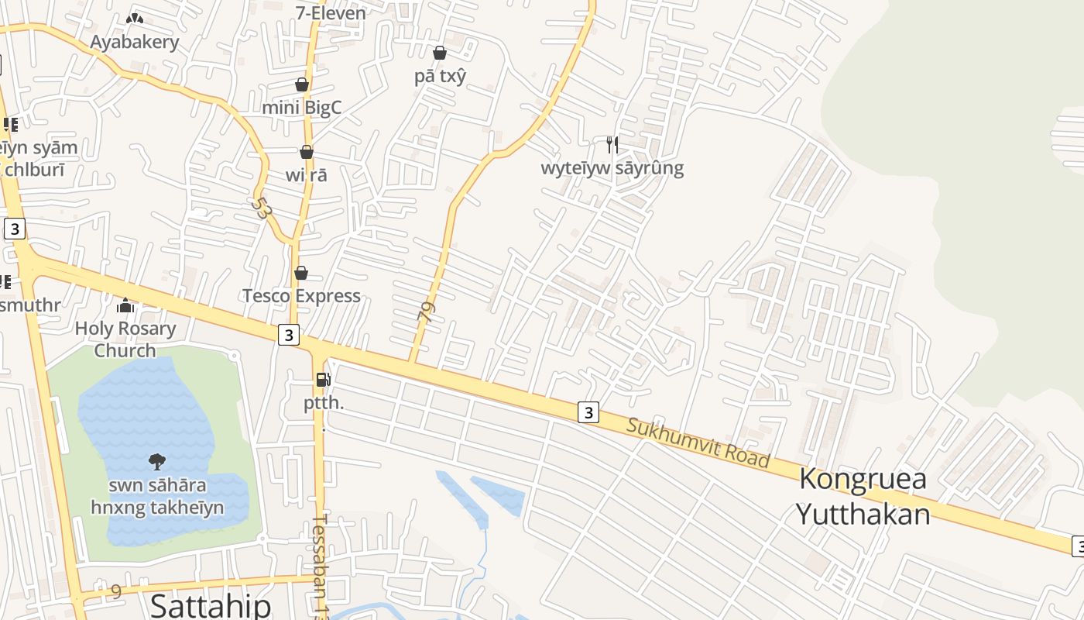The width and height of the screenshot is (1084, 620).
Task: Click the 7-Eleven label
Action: pyautogui.click(x=331, y=12)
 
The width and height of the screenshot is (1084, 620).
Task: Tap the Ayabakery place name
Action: pyautogui.click(x=135, y=42)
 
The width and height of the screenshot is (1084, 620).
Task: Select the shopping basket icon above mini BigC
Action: pyautogui.click(x=302, y=84)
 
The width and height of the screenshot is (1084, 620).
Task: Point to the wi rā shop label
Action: pyautogui.click(x=307, y=175)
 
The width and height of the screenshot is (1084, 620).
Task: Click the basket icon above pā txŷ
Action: pyautogui.click(x=440, y=53)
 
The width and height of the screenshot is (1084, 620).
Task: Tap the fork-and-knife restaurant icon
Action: pyautogui.click(x=612, y=144)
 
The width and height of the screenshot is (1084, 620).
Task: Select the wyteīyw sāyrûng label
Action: pyautogui.click(x=612, y=168)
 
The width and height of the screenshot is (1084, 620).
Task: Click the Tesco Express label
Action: pyautogui.click(x=301, y=295)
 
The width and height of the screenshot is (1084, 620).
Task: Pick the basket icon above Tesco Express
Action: pyautogui.click(x=301, y=273)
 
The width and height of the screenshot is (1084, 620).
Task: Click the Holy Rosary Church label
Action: pyautogui.click(x=125, y=339)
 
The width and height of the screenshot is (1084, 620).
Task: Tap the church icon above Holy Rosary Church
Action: pyautogui.click(x=125, y=306)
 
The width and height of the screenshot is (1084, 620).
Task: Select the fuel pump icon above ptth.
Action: pyautogui.click(x=324, y=380)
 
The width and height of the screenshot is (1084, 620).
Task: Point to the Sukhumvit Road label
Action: pyautogui.click(x=698, y=443)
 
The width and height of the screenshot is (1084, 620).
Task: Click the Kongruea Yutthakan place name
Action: pyautogui.click(x=863, y=496)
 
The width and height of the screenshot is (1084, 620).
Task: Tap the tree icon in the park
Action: pyautogui.click(x=157, y=462)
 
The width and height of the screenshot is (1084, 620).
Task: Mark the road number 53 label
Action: pyautogui.click(x=262, y=208)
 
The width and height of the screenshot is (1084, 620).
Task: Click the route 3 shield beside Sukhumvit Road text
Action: pyautogui.click(x=588, y=412)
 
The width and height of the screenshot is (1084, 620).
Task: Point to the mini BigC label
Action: pyautogui.click(x=302, y=107)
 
